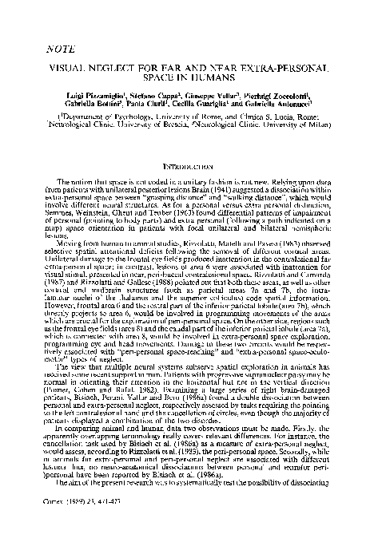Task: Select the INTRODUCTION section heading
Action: [x=186, y=168]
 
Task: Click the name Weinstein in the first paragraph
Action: [x=113, y=209]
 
